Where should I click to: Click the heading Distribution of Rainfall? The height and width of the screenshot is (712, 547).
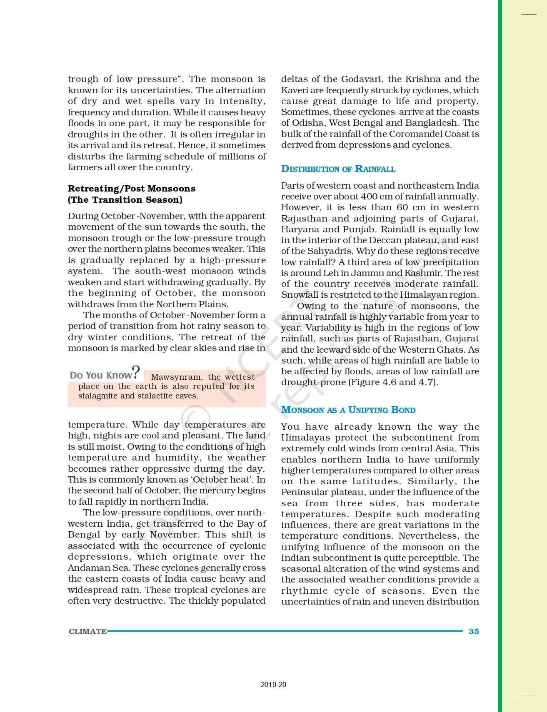[x=338, y=169]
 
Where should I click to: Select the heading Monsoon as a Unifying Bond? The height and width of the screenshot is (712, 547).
[x=348, y=410]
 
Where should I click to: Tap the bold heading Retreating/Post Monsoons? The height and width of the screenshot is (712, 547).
[x=131, y=188]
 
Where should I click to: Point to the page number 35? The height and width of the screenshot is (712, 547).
[x=474, y=631]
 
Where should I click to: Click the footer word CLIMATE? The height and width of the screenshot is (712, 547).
[x=87, y=631]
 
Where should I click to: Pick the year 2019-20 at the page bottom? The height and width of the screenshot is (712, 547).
[x=273, y=685]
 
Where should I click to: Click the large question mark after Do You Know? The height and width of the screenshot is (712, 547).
[x=136, y=372]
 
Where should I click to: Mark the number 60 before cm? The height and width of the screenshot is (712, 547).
[x=402, y=207]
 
